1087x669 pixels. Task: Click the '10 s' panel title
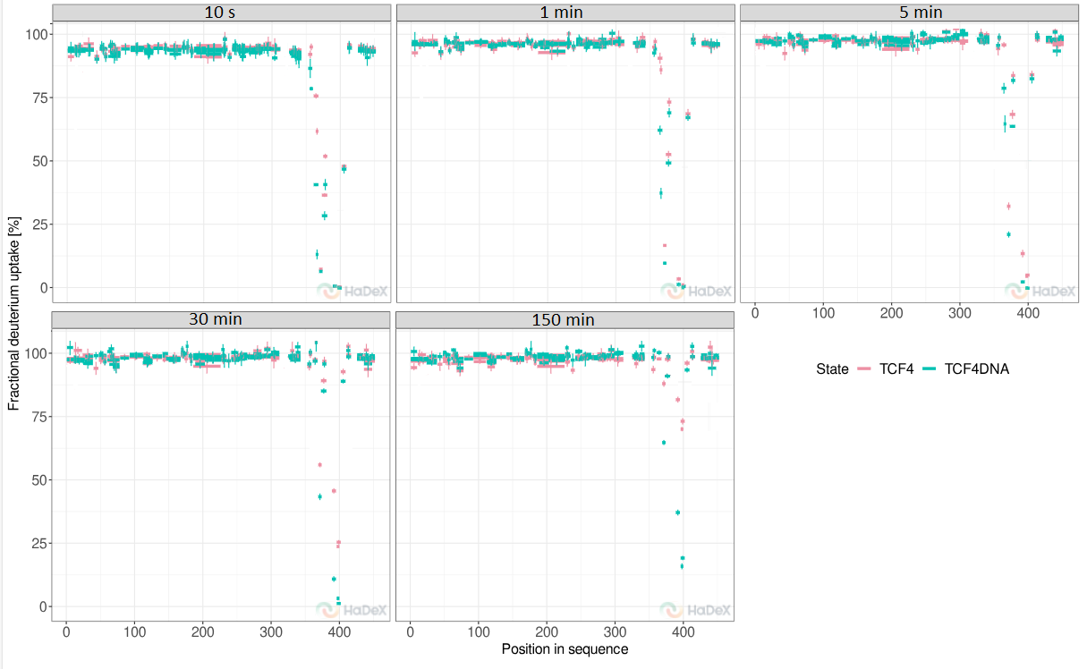[220, 13]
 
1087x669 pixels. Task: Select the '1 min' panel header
[562, 13]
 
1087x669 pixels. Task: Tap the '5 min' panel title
[921, 13]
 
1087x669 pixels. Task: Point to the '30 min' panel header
[216, 319]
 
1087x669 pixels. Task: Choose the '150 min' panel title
[563, 320]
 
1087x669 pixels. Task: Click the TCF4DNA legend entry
[965, 369]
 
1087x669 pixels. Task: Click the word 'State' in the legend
[832, 369]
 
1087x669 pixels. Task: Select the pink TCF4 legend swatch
[864, 369]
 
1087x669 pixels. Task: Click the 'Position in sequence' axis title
[565, 649]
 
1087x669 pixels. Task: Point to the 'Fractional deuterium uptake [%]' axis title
[14, 314]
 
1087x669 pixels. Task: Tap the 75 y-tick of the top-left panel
[39, 98]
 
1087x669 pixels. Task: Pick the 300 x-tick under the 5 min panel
[960, 313]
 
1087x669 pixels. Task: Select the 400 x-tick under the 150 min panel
[684, 632]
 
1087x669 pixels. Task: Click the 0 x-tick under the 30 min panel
[66, 632]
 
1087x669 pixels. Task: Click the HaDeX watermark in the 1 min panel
[696, 291]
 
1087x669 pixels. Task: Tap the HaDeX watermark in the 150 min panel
[695, 610]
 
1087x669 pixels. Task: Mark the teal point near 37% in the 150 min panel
[678, 512]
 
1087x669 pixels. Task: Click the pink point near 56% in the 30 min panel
[319, 465]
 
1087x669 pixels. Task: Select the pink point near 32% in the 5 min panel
[1008, 207]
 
